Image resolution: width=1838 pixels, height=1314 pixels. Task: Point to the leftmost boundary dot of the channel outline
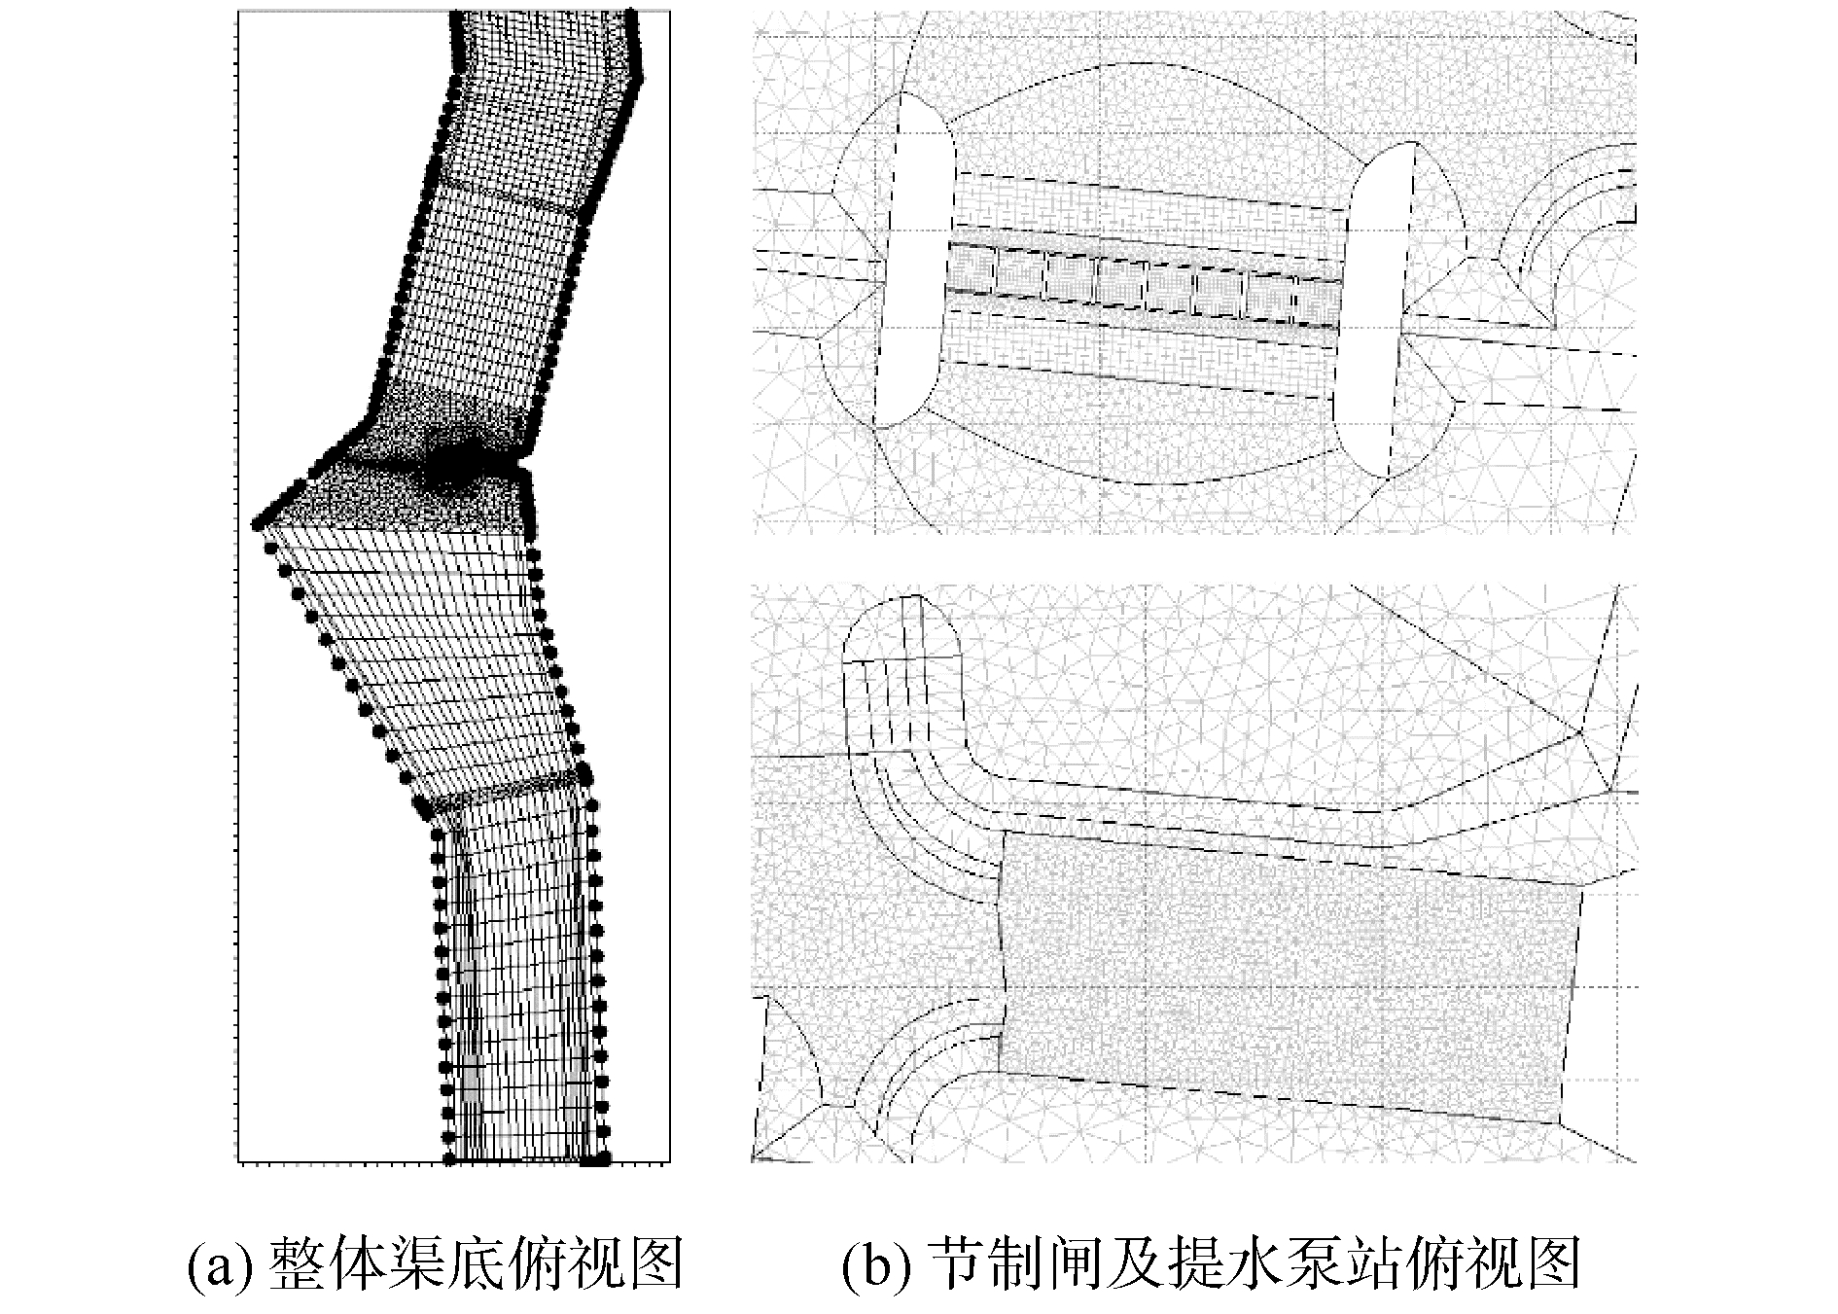pos(258,524)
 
